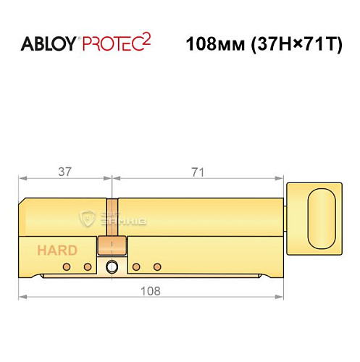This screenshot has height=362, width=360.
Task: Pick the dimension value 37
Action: tap(65, 172)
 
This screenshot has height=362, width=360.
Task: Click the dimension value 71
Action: tap(197, 172)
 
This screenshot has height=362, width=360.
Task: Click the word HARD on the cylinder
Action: tap(57, 251)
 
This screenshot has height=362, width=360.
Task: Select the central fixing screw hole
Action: tap(112, 267)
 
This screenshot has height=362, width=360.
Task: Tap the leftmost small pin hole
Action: tap(67, 267)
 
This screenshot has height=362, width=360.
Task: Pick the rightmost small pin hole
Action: tap(157, 267)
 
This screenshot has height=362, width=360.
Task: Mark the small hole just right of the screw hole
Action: tap(136, 267)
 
